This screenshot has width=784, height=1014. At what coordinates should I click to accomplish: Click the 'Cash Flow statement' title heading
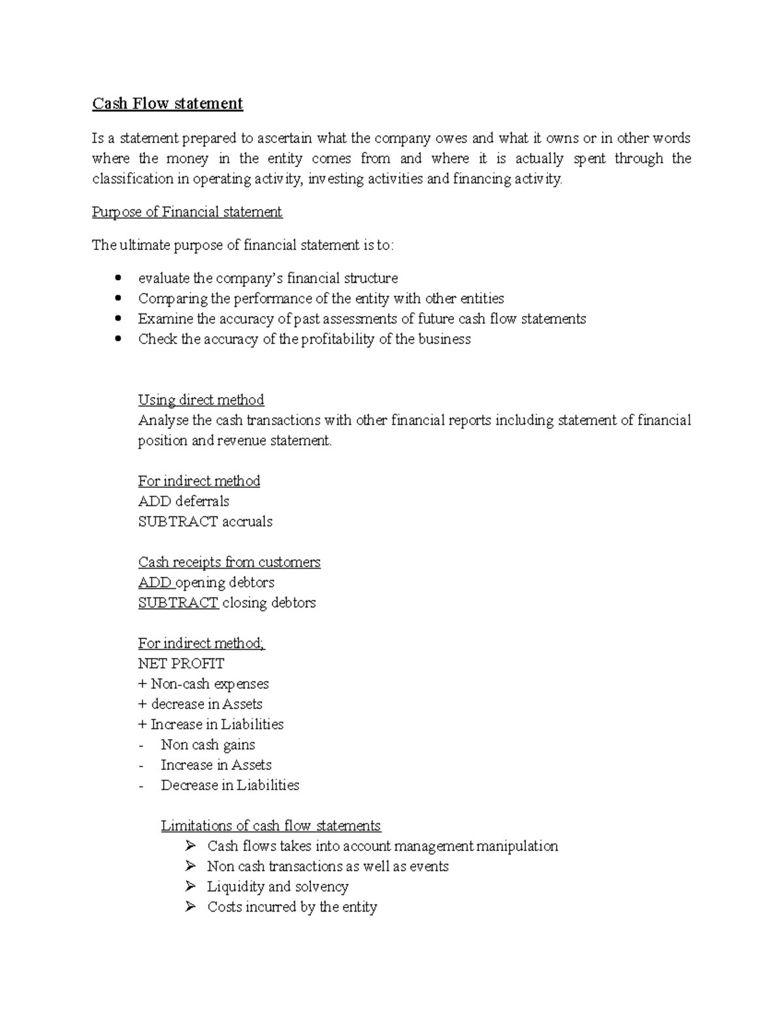(167, 104)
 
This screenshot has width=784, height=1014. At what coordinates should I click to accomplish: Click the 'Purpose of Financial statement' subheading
(187, 212)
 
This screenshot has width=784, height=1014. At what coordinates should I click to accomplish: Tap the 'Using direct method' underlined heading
(201, 400)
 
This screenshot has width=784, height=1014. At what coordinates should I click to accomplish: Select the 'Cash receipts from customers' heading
(229, 562)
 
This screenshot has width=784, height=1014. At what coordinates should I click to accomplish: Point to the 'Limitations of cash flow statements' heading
(270, 826)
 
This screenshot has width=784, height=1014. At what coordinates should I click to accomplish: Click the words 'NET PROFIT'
(181, 663)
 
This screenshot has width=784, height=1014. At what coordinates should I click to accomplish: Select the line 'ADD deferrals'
(184, 501)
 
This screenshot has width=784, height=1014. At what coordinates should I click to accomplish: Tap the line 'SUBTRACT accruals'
(205, 522)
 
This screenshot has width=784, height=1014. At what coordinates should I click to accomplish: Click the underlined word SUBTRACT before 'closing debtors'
(178, 603)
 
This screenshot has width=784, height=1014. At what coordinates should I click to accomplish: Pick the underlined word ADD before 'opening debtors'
(154, 582)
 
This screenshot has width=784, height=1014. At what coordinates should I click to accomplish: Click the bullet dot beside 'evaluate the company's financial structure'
(118, 278)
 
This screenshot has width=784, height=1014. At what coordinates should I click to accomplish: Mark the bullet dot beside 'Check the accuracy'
(118, 339)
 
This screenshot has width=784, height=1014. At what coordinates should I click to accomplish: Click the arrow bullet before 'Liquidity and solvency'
(190, 886)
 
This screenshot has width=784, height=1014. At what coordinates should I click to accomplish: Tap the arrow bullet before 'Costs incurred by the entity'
(190, 906)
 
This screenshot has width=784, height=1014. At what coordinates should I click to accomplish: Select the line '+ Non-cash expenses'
(203, 684)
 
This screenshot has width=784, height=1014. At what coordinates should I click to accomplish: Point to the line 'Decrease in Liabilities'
(230, 785)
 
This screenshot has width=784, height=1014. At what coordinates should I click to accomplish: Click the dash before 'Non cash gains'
(141, 746)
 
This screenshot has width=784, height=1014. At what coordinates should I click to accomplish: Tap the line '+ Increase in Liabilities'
(210, 724)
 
